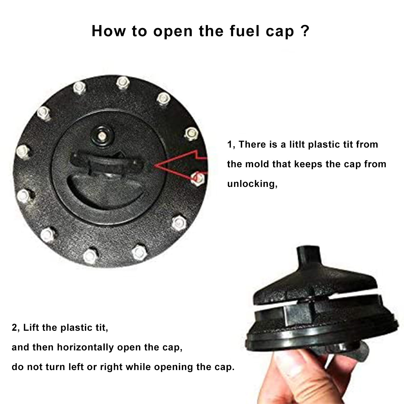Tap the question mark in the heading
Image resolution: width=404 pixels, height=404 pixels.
click(x=305, y=31)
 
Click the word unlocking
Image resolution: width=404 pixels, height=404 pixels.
click(x=252, y=184)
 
